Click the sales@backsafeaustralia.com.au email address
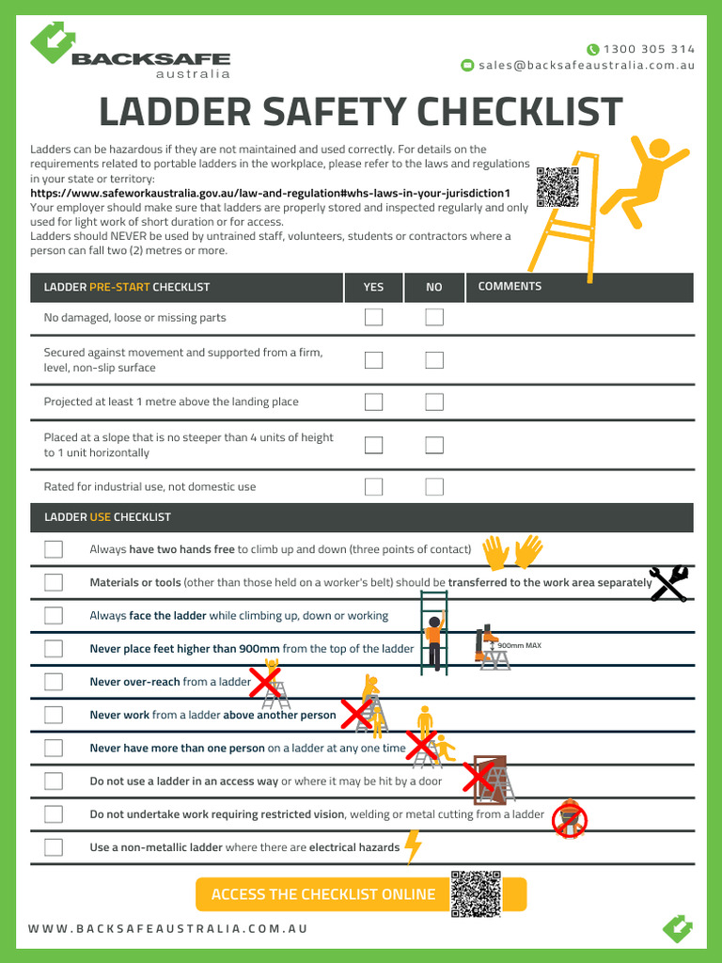point(586,66)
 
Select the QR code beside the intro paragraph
point(557,186)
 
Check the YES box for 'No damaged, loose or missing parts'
point(373,317)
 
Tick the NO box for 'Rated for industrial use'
point(433,486)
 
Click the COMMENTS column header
point(510,287)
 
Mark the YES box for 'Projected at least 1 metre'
point(373,402)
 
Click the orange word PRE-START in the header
point(119,287)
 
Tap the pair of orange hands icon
point(512,552)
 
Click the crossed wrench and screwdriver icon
point(668,583)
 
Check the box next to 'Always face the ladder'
point(54,615)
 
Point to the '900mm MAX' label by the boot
point(520,646)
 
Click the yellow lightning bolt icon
point(413,846)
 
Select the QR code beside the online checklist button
point(476,894)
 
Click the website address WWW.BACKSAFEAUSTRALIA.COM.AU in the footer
point(167,928)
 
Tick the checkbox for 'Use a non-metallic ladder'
point(54,846)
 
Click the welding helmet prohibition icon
point(569,819)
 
